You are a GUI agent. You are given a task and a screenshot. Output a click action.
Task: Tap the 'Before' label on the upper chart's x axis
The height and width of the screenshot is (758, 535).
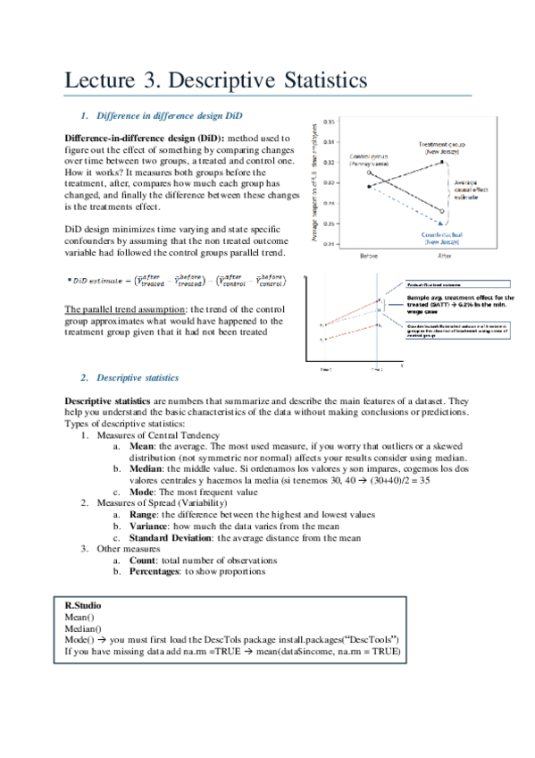pyautogui.click(x=370, y=256)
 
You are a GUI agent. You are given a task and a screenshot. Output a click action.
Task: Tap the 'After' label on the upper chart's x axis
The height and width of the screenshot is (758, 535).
pyautogui.click(x=444, y=256)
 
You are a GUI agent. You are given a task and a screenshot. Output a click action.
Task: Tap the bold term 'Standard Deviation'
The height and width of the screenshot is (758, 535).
pyautogui.click(x=169, y=538)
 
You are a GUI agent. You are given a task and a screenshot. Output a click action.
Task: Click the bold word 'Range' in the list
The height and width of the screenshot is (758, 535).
pyautogui.click(x=146, y=515)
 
